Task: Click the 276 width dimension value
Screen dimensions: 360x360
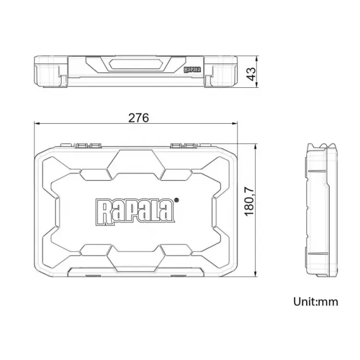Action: click(x=139, y=117)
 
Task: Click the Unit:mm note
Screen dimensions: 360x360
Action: click(x=315, y=301)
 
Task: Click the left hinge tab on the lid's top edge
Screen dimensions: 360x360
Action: click(x=89, y=146)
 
